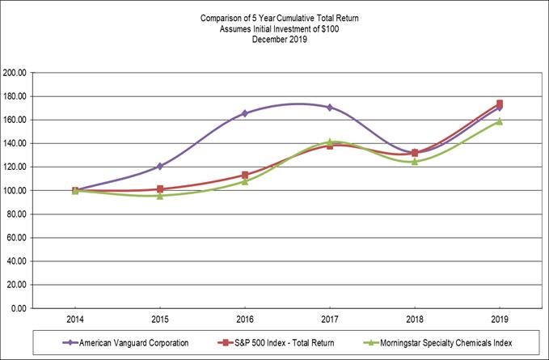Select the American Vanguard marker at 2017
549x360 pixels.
click(x=330, y=107)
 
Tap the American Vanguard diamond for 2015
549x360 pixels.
click(x=160, y=166)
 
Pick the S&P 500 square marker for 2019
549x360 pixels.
click(x=500, y=104)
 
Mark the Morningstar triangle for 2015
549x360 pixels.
click(x=160, y=196)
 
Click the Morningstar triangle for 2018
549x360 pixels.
click(x=415, y=161)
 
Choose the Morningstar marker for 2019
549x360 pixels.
click(x=500, y=121)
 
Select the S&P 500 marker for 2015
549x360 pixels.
click(x=160, y=189)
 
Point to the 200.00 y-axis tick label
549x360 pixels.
click(x=16, y=73)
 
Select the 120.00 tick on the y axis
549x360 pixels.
click(x=16, y=167)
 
